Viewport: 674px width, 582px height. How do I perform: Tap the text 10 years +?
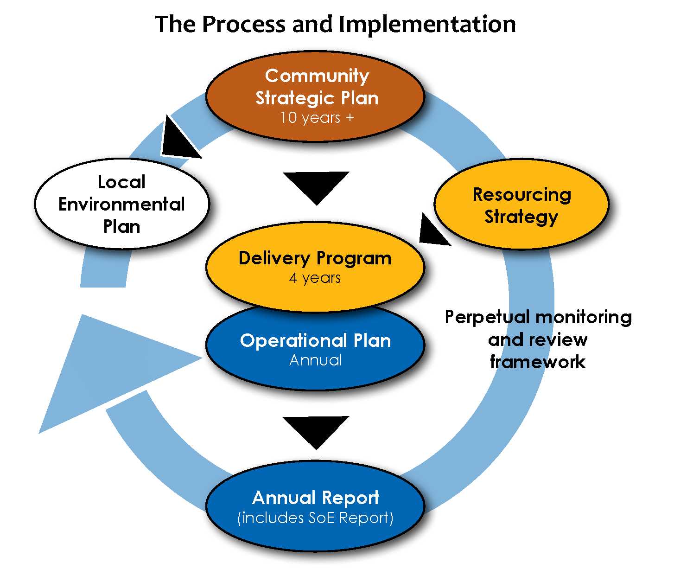(x=317, y=118)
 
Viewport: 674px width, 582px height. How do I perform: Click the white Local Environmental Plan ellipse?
(x=122, y=204)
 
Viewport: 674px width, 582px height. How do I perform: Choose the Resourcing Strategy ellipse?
(x=521, y=205)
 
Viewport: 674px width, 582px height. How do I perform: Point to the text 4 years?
(x=315, y=278)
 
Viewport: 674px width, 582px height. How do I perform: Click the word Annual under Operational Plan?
(x=315, y=360)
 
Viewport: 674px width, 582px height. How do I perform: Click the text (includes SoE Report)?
(x=315, y=518)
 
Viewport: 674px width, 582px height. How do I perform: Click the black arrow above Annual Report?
(x=316, y=429)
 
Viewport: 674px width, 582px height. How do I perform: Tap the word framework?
(x=538, y=362)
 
